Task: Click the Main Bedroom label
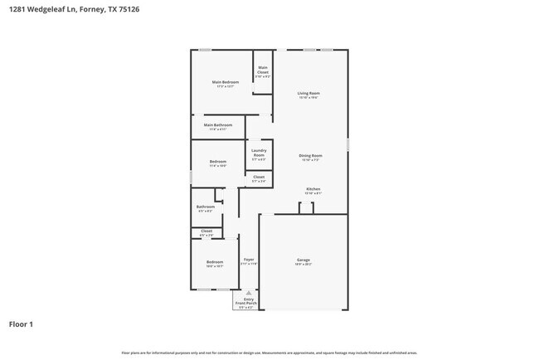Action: [x=226, y=83]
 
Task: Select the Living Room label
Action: [x=308, y=95]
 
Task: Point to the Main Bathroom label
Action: [x=217, y=126]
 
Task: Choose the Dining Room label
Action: [x=310, y=157]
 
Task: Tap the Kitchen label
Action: [x=313, y=191]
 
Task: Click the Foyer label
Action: [x=249, y=261]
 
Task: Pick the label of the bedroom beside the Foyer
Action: [x=214, y=264]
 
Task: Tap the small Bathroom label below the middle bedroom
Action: [x=206, y=208]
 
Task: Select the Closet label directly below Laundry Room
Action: [x=259, y=178]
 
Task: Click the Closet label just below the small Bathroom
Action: [x=206, y=232]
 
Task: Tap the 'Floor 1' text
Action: [x=21, y=324]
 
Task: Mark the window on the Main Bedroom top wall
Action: [x=204, y=51]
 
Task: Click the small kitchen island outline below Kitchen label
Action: [x=307, y=208]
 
